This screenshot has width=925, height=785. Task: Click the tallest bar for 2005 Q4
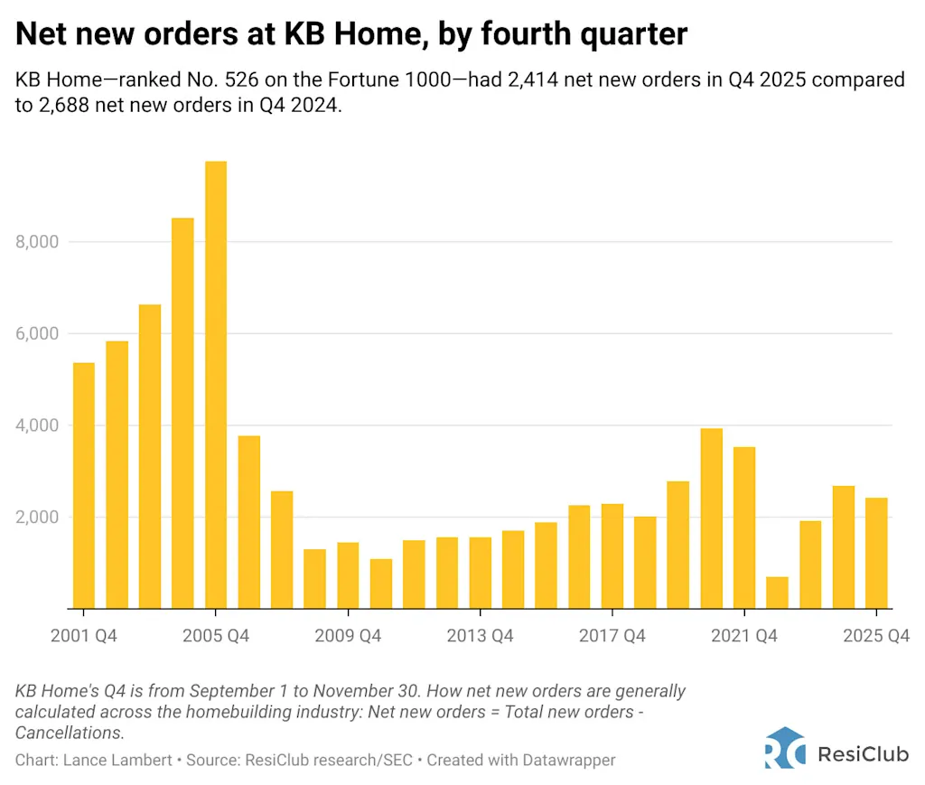pyautogui.click(x=216, y=385)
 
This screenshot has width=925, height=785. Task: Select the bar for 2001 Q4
pyautogui.click(x=83, y=485)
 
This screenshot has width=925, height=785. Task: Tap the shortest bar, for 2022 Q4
pyautogui.click(x=777, y=593)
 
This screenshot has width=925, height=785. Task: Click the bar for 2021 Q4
pyautogui.click(x=743, y=528)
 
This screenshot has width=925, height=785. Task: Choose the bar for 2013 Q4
pyautogui.click(x=480, y=573)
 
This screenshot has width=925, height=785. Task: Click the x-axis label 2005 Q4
pyautogui.click(x=216, y=636)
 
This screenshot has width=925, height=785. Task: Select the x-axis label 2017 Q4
pyautogui.click(x=612, y=636)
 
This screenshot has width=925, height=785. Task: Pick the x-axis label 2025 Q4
pyautogui.click(x=875, y=636)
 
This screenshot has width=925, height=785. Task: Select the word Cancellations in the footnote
pyautogui.click(x=69, y=733)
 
